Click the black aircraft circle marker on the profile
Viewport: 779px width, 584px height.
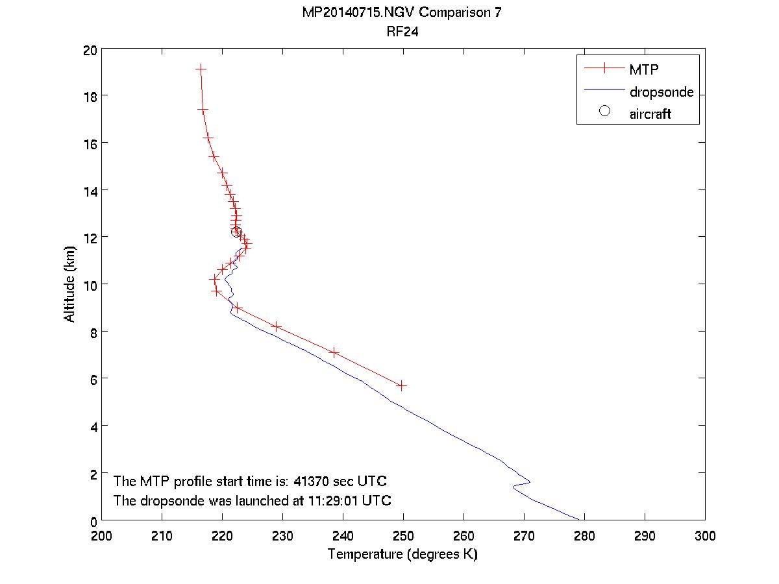236,232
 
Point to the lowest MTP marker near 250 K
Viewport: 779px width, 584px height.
402,385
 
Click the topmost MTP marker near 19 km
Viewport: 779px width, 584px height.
201,68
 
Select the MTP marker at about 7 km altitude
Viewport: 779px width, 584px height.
334,352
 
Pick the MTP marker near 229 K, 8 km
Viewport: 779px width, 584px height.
277,326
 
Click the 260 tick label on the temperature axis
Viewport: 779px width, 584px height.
464,536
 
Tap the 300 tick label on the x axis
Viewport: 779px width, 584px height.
704,536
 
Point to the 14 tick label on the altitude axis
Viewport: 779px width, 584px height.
89,190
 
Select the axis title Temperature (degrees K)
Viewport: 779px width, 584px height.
402,555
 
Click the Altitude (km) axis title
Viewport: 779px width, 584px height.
69,284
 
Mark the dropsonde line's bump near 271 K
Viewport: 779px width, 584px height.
529,481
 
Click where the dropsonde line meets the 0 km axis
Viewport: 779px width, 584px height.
578,519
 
